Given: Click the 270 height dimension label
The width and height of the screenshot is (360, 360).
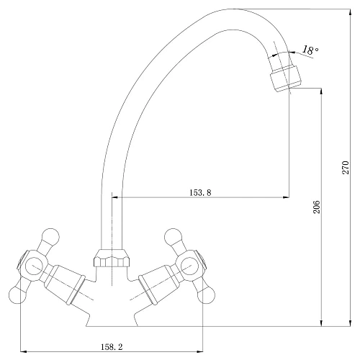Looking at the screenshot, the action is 346,167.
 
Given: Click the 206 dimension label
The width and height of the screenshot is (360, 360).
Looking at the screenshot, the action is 317,207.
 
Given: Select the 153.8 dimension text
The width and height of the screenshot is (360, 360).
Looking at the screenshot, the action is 200,192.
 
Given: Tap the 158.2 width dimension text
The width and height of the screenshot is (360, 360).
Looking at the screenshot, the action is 112,347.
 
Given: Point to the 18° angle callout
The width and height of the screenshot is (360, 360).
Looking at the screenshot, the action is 310,50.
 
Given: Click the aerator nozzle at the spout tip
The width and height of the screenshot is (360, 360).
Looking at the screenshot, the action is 285,78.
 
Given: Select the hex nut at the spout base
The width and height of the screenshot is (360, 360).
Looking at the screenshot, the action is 112,258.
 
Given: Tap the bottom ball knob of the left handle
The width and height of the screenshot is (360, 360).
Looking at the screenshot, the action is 17,295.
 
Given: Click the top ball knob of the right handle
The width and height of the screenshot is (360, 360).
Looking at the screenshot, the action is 173,237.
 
